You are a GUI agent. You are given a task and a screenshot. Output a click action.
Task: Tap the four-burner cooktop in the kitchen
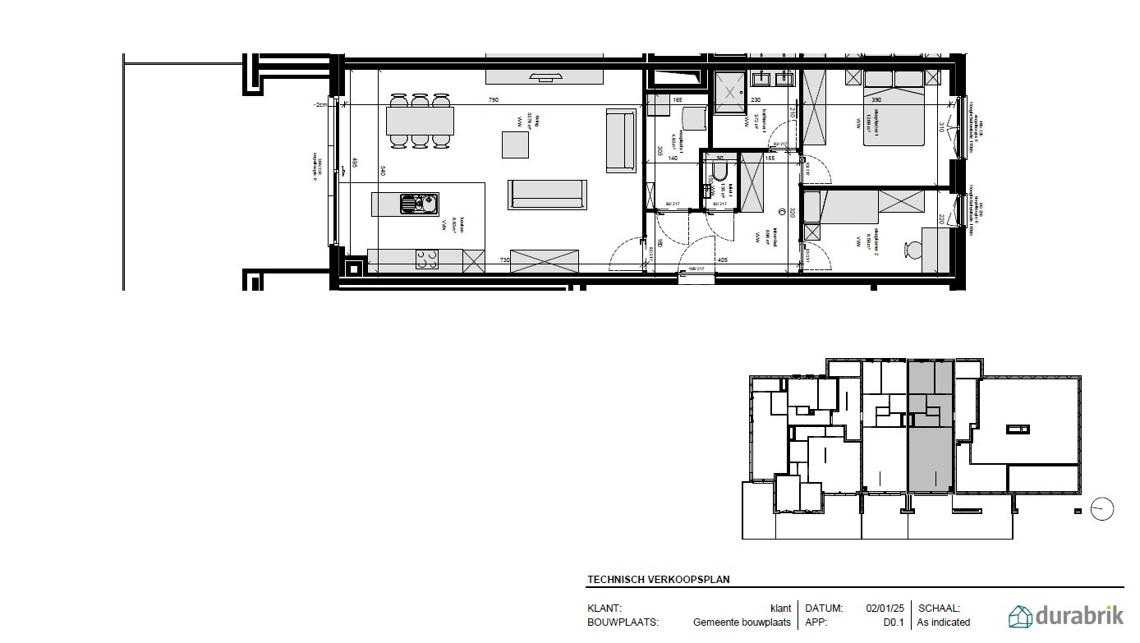[x=426, y=259]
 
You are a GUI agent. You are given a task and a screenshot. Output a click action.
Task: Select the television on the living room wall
[x=545, y=78]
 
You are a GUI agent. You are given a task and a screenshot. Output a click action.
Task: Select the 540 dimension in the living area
[x=382, y=171]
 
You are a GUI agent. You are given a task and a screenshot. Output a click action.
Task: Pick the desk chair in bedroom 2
[x=911, y=250]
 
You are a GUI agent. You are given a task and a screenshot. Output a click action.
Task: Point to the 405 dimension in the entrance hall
[x=722, y=260]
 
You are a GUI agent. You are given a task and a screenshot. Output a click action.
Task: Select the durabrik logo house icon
[x=1020, y=616]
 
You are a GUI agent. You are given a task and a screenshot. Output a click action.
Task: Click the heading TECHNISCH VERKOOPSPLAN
[x=658, y=579]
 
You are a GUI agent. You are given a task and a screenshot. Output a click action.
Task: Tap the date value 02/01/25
[x=885, y=609]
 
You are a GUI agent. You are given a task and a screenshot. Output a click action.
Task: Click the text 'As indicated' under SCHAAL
[x=944, y=622]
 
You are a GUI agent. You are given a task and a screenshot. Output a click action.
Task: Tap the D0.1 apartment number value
[x=894, y=622]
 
